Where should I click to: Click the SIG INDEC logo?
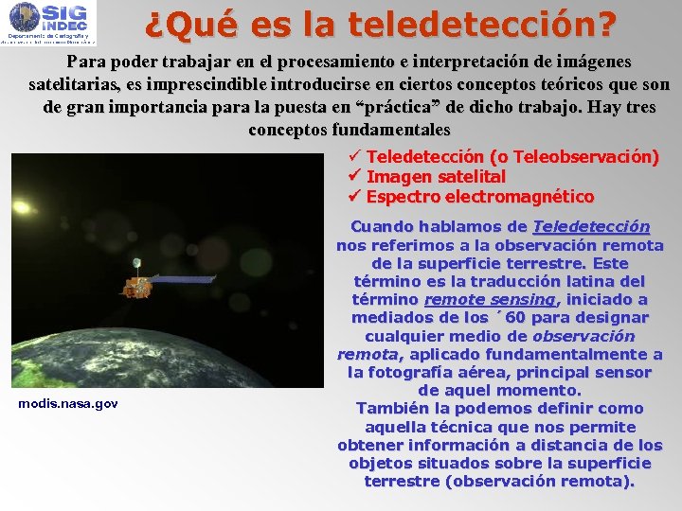pos(48,23)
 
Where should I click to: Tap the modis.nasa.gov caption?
pos(68,403)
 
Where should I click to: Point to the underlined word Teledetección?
pos(591,227)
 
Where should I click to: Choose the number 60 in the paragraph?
pos(515,318)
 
